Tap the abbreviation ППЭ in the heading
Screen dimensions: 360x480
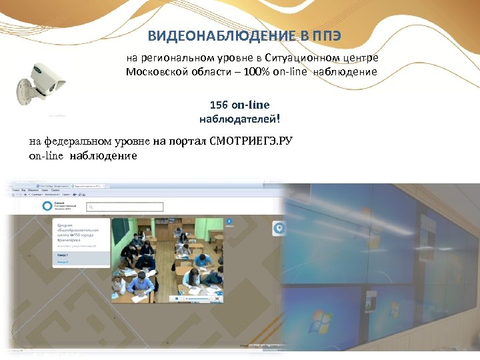pyautogui.click(x=326, y=35)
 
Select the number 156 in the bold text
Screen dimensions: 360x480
pyautogui.click(x=219, y=105)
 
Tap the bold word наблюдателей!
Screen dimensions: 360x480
pyautogui.click(x=239, y=119)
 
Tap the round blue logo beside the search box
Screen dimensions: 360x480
pyautogui.click(x=47, y=207)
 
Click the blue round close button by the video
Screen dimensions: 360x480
pyautogui.click(x=229, y=220)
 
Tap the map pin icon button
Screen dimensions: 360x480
pyautogui.click(x=280, y=228)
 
